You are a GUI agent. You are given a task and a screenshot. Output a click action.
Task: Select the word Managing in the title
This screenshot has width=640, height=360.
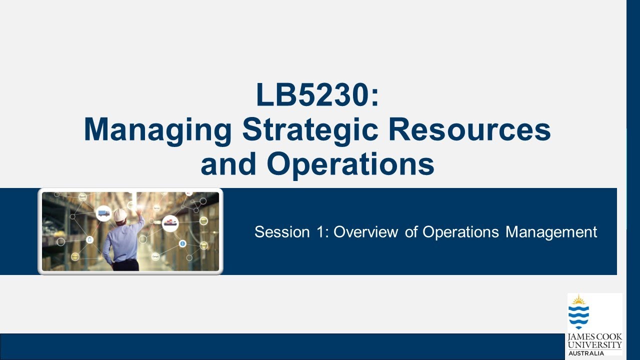pos(158,129)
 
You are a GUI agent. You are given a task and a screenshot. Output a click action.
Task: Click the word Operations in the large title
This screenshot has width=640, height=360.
pos(350,164)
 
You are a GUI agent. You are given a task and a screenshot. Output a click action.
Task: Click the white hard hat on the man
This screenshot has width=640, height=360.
pos(120,215)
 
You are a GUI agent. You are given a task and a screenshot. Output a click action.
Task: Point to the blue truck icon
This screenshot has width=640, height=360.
pos(104,213)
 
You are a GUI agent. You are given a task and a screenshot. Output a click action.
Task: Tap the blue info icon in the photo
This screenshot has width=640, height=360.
pos(182,243)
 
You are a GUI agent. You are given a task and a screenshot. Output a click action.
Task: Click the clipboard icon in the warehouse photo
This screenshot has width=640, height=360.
pos(90,239)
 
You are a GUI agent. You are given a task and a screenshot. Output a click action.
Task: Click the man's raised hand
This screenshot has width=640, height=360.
pos(139,212)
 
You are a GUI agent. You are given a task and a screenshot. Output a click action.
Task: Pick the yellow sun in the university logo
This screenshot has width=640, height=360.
pos(578,300)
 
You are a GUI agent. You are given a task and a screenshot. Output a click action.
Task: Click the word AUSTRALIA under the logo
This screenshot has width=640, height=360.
pos(586,353)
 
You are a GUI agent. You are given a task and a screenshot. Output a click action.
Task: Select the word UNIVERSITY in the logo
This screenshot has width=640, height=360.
pos(594,344)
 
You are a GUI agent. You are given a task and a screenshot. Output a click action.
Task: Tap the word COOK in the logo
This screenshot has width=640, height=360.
pos(609,337)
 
